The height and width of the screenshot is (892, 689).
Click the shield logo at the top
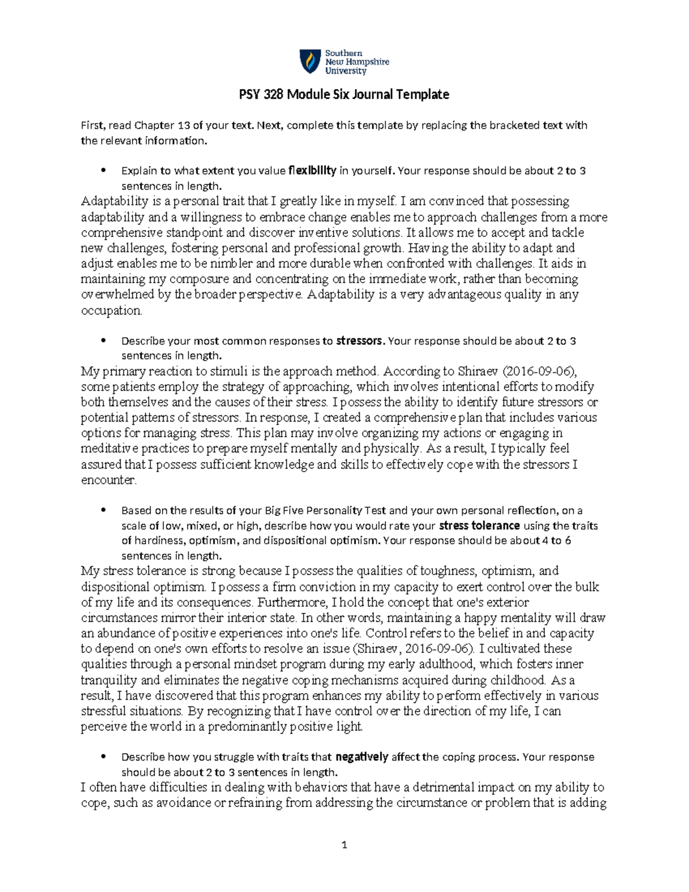pyautogui.click(x=309, y=61)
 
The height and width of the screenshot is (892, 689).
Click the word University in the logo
pyautogui.click(x=346, y=71)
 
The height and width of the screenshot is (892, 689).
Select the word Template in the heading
pyautogui.click(x=425, y=95)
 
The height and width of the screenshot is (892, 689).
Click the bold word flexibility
pyautogui.click(x=312, y=171)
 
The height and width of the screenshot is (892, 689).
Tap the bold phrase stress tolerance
pyautogui.click(x=479, y=526)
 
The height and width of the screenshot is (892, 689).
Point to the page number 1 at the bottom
pyautogui.click(x=344, y=845)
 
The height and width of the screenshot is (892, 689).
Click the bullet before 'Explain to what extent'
pyautogui.click(x=103, y=171)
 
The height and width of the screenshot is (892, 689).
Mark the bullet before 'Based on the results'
pyautogui.click(x=103, y=510)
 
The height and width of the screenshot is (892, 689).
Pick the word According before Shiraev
pyautogui.click(x=411, y=371)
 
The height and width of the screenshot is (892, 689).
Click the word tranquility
pyautogui.click(x=109, y=681)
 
